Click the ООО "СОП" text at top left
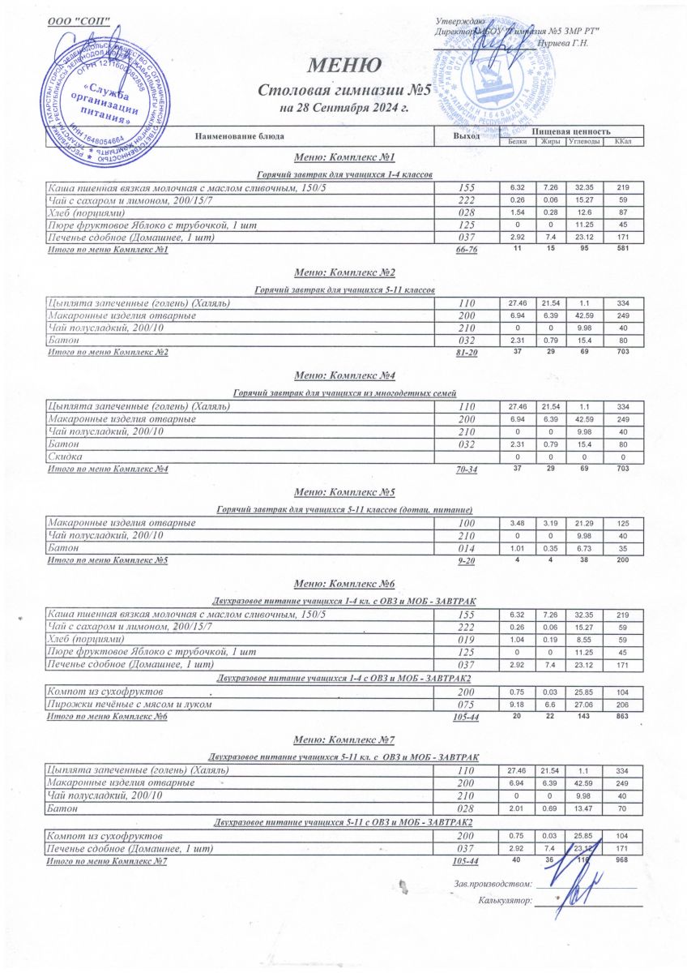click(x=79, y=19)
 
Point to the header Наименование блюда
click(x=239, y=136)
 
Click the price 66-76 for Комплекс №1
click(x=467, y=250)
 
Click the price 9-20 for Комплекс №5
click(x=467, y=560)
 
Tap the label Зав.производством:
click(x=493, y=882)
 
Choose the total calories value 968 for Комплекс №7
click(x=622, y=859)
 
